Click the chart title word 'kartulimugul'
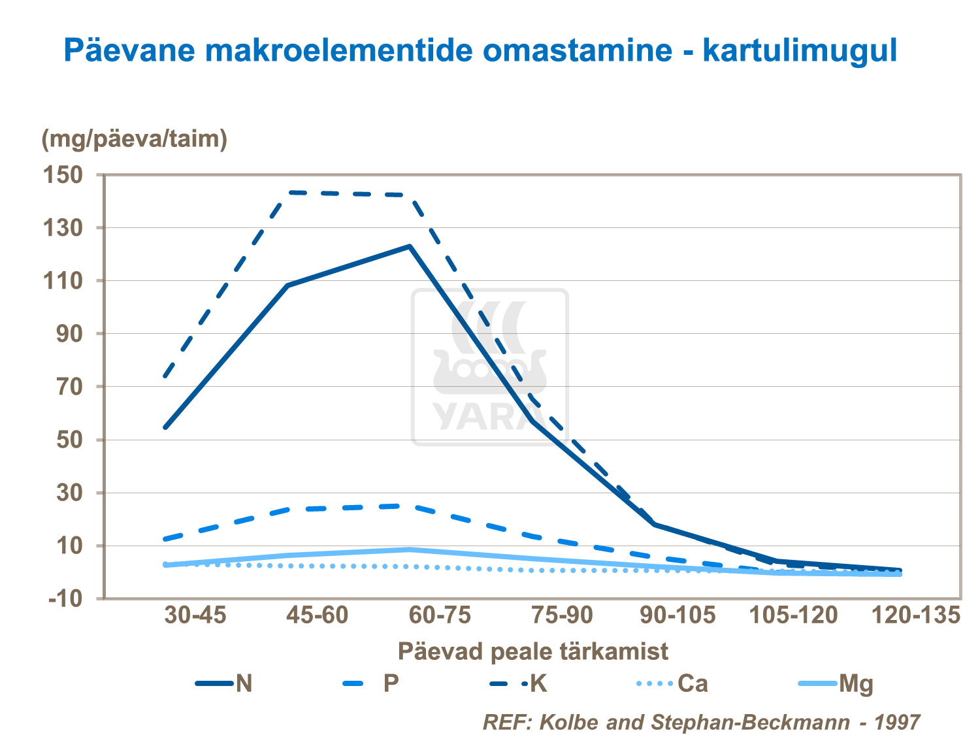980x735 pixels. (800, 50)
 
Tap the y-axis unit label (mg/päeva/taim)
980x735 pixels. (135, 139)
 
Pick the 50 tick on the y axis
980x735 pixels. (69, 440)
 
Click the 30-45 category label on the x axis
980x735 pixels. (195, 615)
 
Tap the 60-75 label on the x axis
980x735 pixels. (440, 615)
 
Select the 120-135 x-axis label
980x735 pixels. (917, 615)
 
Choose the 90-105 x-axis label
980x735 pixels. (678, 615)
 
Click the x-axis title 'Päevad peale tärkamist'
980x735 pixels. (532, 651)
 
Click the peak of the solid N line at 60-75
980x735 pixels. (410, 246)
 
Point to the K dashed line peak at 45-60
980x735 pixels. (288, 192)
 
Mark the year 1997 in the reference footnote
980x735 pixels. (896, 722)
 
